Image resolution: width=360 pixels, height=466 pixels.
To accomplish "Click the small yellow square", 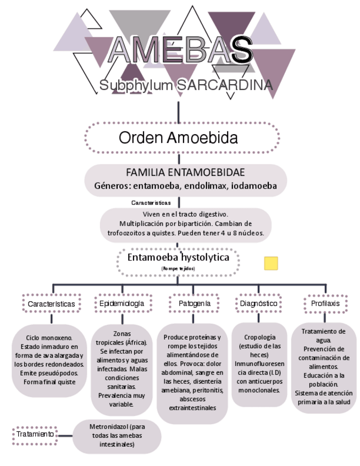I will (271, 263).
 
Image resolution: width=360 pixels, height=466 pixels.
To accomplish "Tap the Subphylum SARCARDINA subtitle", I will (186, 86).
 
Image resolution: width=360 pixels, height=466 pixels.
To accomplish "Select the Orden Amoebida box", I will (178, 137).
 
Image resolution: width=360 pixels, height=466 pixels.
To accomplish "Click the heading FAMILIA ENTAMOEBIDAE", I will (185, 172).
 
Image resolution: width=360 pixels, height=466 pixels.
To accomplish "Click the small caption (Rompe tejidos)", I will (178, 268).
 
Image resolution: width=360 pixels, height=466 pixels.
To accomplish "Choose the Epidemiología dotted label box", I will (122, 303).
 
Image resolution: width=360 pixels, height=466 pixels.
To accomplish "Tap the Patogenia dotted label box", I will (193, 303).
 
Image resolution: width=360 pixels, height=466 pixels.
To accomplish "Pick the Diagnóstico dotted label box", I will (259, 303).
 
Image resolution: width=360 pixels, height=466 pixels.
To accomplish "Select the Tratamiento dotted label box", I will (35, 434).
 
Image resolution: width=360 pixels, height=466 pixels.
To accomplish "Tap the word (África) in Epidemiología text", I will (132, 342).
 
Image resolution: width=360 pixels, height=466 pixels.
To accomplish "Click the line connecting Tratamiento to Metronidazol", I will (66, 435).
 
